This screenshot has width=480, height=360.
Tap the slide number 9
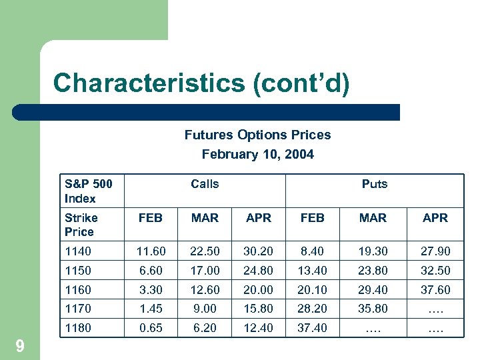point(20,345)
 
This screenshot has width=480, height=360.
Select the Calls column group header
point(205,184)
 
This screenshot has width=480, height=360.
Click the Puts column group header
point(374,184)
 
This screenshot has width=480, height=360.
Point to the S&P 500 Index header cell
point(88,191)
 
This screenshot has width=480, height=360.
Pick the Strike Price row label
point(81,225)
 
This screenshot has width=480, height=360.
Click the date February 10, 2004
point(257,154)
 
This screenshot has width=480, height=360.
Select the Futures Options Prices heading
point(257,135)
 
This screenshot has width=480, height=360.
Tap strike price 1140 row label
point(78,251)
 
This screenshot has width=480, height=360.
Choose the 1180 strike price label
point(78,328)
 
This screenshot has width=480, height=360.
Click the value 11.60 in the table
point(150,251)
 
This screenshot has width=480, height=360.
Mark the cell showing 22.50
point(205,251)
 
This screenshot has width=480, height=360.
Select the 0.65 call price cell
point(150,328)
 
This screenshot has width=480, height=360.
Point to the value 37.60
point(435,290)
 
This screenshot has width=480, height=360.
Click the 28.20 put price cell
point(312,309)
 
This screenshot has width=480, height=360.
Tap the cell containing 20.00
point(258,290)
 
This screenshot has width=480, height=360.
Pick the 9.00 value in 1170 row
point(205,309)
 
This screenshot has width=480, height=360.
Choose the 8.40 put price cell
point(312,251)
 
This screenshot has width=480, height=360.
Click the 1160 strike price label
point(78,290)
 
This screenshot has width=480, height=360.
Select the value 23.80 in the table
point(373,271)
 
